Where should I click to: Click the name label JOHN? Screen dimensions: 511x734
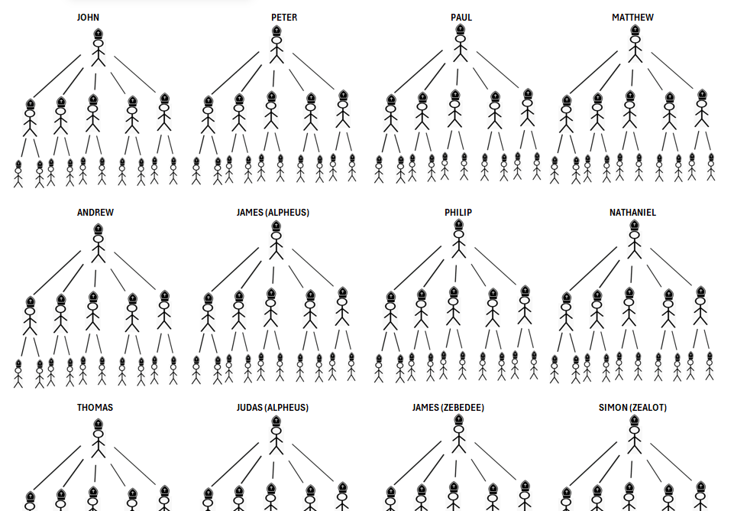[88, 18]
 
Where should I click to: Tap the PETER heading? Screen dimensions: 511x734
[284, 18]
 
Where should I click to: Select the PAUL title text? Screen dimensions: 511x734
[461, 18]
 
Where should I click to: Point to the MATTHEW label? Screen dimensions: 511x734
[632, 18]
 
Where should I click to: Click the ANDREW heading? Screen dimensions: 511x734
[95, 213]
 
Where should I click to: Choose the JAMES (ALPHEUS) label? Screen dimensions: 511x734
[273, 213]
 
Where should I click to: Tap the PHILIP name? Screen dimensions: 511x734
[458, 213]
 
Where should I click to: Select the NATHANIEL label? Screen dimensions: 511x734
[632, 213]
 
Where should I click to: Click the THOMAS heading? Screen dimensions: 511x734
[95, 408]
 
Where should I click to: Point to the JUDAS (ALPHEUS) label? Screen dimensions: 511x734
[273, 408]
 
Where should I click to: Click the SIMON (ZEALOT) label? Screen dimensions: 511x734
[632, 408]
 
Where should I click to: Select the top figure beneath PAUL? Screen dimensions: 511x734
[460, 45]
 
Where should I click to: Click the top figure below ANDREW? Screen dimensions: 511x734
[98, 243]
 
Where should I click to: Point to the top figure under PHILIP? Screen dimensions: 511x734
[458, 240]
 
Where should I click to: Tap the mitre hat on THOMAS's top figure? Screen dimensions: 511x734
[98, 422]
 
